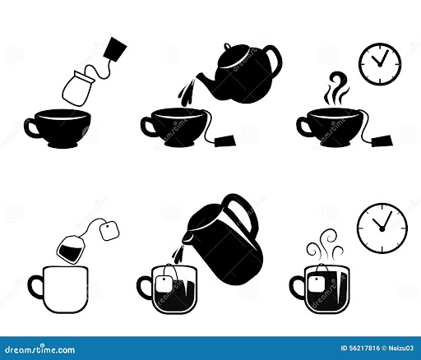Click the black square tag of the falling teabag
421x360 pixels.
pyautogui.click(x=115, y=49)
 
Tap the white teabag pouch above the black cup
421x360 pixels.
pyautogui.click(x=78, y=88)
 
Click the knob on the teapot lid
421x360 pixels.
pyautogui.click(x=228, y=46)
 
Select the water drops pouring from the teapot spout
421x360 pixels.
pyautogui.click(x=187, y=93)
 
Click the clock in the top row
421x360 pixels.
pyautogui.click(x=380, y=64)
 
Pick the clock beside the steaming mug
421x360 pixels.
pyautogui.click(x=382, y=228)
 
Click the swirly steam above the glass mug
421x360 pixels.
pyautogui.click(x=326, y=245)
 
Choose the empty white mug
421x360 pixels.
pyautogui.click(x=58, y=289)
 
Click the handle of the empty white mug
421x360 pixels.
pyautogui.click(x=35, y=287)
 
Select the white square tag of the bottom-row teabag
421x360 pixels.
pyautogui.click(x=109, y=231)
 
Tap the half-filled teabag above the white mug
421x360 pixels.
pyautogui.click(x=72, y=249)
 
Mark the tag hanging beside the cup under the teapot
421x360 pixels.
pyautogui.click(x=225, y=141)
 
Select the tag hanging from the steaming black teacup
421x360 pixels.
pyautogui.click(x=382, y=141)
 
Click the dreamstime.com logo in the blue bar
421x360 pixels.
pyautogui.click(x=40, y=349)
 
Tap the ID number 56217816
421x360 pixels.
pyautogui.click(x=360, y=348)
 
